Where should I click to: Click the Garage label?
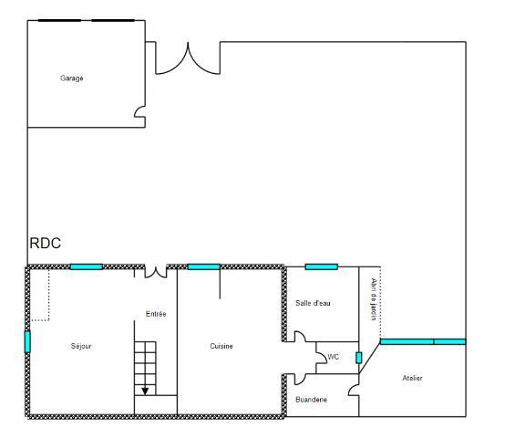(72, 78)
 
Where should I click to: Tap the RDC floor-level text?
(46, 245)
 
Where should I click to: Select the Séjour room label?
(82, 346)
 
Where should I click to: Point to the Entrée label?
(156, 314)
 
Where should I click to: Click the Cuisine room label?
(221, 346)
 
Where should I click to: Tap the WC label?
(334, 357)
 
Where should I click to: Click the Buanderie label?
(312, 400)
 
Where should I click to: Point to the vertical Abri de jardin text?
(373, 299)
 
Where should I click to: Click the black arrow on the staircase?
(145, 390)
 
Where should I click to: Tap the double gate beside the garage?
(187, 57)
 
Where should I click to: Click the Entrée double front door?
(156, 272)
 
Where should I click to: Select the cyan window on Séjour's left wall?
(27, 341)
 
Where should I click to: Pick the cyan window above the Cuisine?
(203, 266)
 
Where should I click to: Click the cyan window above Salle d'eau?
(321, 266)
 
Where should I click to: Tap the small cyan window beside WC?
(358, 357)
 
